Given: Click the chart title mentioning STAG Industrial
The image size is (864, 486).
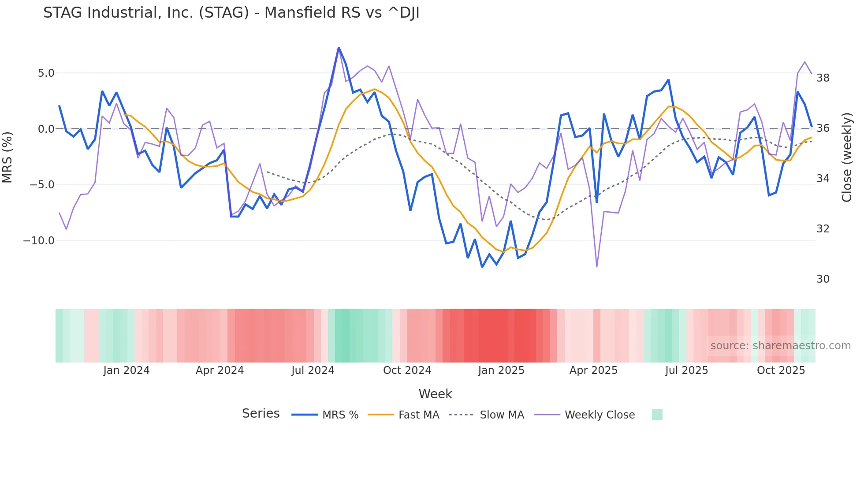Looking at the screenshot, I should (231, 13).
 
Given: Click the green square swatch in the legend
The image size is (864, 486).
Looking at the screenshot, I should (657, 415).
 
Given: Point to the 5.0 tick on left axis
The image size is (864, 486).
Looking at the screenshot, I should (46, 73).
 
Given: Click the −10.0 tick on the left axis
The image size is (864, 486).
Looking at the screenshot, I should (39, 241).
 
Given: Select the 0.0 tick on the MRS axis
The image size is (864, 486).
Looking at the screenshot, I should (46, 129).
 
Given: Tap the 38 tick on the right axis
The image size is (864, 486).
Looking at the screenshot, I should (823, 78).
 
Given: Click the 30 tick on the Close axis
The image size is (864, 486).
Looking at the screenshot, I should (823, 279).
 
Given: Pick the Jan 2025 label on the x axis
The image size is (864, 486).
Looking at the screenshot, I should (501, 370).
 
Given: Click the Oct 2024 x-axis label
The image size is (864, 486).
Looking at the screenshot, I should (407, 370).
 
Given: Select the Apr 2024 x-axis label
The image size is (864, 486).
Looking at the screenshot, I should (220, 370).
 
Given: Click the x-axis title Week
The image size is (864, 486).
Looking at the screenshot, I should (435, 394).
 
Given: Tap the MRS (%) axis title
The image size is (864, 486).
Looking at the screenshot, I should (7, 157).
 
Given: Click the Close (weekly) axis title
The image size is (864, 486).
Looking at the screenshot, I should (847, 157).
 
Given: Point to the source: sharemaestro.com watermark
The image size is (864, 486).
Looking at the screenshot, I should (780, 346).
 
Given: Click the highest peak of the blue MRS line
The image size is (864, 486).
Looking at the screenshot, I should (339, 48).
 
